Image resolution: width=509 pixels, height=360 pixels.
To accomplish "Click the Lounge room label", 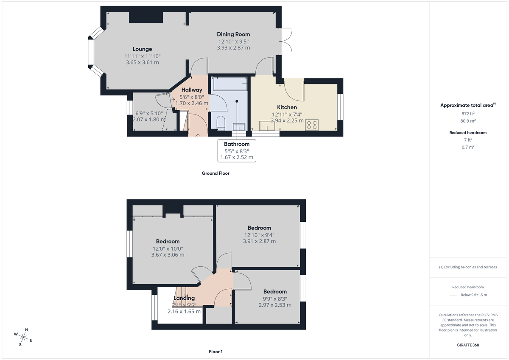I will pos(142,49).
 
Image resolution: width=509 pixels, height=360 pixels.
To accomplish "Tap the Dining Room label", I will pos(233,34).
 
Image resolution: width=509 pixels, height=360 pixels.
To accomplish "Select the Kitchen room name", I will pos(287,107).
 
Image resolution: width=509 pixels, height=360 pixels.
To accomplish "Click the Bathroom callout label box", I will pos(237,151).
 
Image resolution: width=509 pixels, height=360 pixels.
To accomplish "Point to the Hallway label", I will pos(192,90).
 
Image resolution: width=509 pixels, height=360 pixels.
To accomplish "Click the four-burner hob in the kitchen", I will pos(311,125).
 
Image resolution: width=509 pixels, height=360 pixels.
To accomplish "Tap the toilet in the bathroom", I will pos(221,123).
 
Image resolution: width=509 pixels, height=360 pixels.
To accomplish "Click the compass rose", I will pos(23,337).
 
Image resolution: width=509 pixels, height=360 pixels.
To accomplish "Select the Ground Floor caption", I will pos(215,173).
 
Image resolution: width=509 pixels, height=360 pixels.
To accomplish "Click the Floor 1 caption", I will pos(215,352).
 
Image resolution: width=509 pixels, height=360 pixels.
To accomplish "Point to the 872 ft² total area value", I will pos(468,114).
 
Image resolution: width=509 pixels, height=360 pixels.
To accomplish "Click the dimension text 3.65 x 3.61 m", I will pos(142,62).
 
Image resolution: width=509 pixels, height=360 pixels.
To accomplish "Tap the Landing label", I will pos(184,298).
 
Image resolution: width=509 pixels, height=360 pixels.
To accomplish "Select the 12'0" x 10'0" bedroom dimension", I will pos(168,248).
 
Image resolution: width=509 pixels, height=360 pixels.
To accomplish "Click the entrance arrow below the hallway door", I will pos(199,136).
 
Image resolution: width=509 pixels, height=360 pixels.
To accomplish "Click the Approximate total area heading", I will pos(467,105).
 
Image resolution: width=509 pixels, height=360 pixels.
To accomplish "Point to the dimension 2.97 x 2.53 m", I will pos(275,305).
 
